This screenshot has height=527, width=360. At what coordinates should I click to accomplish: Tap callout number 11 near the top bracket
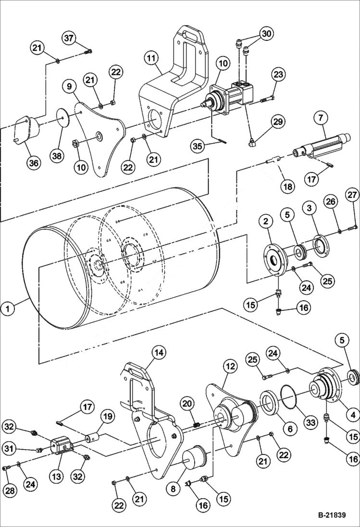(x=151, y=59)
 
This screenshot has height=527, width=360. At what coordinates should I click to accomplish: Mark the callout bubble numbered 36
(x=33, y=163)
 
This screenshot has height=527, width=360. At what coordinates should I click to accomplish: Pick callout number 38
(x=58, y=155)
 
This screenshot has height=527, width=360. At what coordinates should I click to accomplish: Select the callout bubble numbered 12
(x=230, y=367)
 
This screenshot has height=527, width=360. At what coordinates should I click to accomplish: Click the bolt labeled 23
(x=268, y=100)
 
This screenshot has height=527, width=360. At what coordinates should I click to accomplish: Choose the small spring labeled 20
(x=196, y=425)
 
